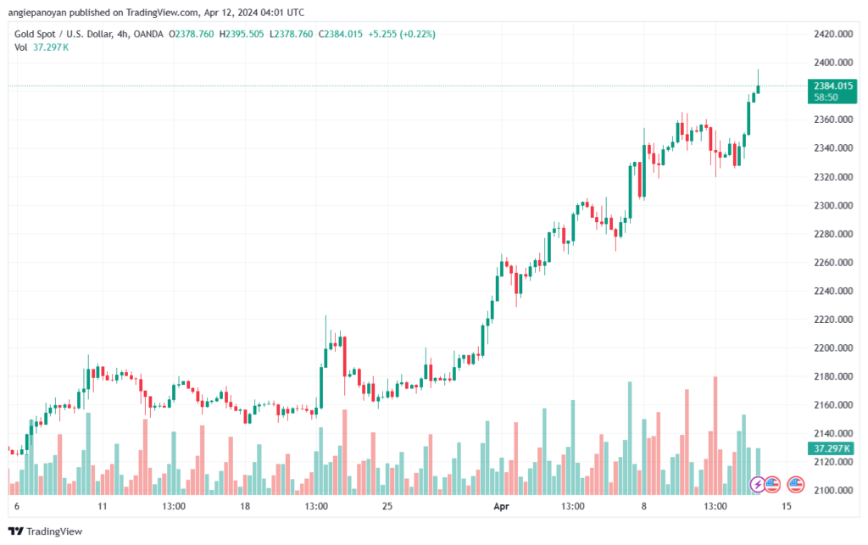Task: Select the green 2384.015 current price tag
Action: pyautogui.click(x=831, y=86)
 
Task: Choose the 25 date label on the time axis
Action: pyautogui.click(x=387, y=507)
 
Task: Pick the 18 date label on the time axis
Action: pyautogui.click(x=244, y=507)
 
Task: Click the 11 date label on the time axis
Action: pyautogui.click(x=103, y=507)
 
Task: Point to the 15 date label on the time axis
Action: pyautogui.click(x=787, y=507)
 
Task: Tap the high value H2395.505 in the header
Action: pyautogui.click(x=243, y=34)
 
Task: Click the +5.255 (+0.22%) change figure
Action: pyautogui.click(x=396, y=34)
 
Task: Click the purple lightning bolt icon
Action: pyautogui.click(x=758, y=485)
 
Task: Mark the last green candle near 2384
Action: pyautogui.click(x=758, y=88)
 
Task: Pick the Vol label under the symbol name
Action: pyautogui.click(x=20, y=47)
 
